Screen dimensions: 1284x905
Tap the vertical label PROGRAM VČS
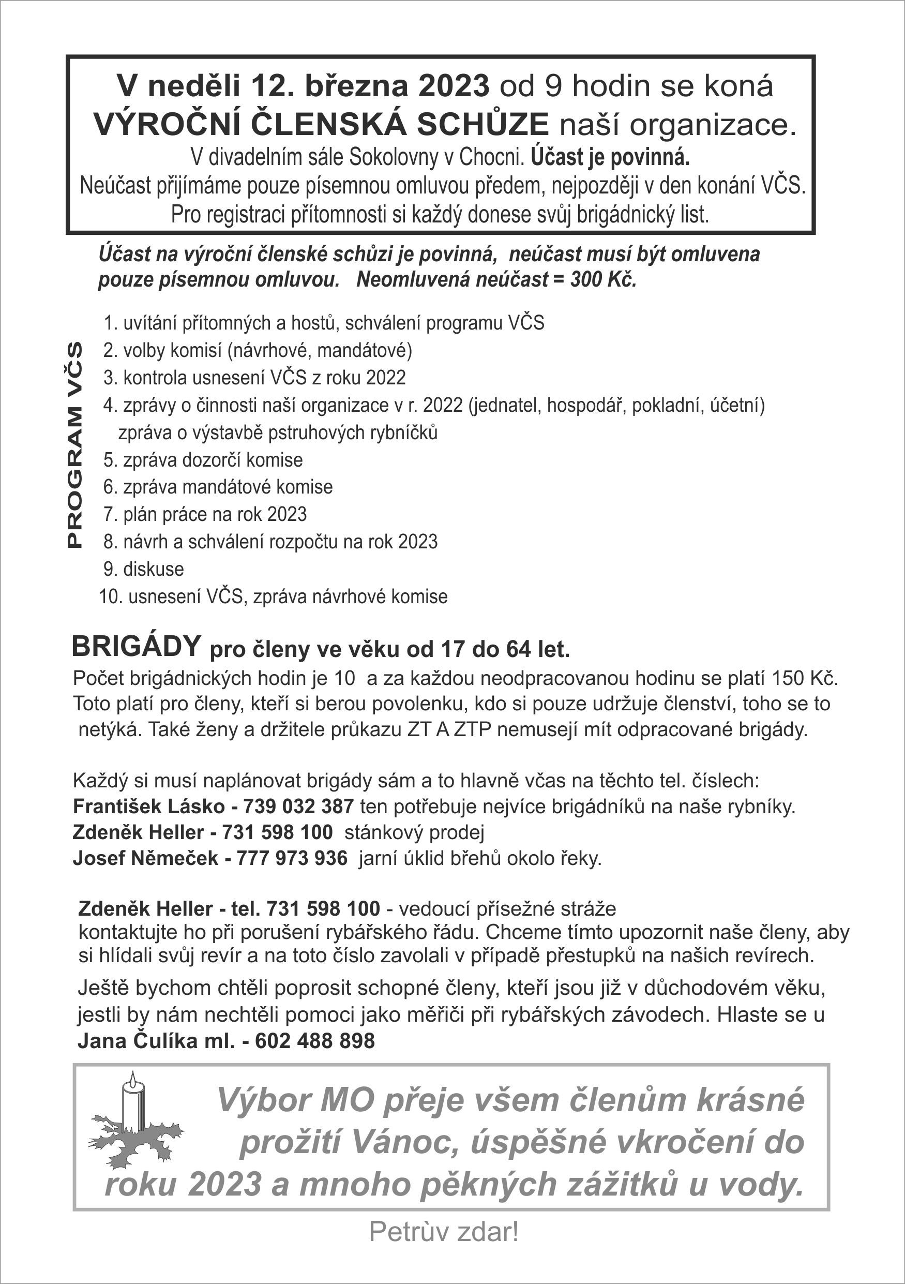click(x=74, y=444)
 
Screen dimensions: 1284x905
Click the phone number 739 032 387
click(x=298, y=807)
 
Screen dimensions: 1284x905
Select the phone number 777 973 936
click(x=292, y=858)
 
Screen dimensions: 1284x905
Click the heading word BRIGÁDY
click(x=136, y=647)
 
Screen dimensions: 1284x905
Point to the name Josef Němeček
click(x=145, y=858)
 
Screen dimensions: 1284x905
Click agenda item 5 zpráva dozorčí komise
click(x=203, y=460)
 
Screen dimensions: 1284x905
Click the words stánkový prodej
click(x=414, y=832)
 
